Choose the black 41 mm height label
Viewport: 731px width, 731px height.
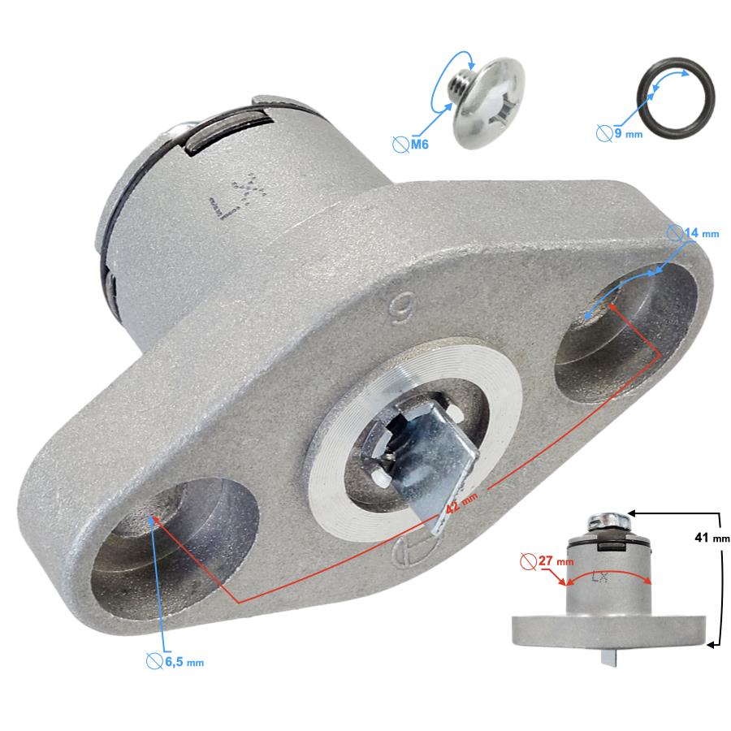pyautogui.click(x=712, y=538)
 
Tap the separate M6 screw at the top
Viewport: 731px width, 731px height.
pyautogui.click(x=486, y=102)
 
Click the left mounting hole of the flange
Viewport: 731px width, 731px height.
pyautogui.click(x=175, y=547)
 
